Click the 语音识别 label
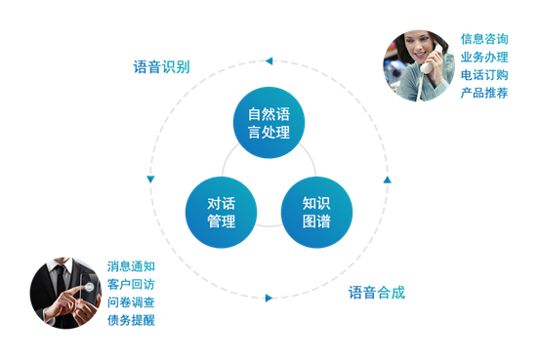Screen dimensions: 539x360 point(161,67)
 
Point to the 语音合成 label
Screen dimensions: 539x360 point(377,292)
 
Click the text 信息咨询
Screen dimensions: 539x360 point(484,40)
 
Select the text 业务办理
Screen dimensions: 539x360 point(484,58)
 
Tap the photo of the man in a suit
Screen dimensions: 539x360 point(65,293)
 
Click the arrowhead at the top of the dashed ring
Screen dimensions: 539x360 point(268,61)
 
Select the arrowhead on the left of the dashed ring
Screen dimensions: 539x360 point(150,180)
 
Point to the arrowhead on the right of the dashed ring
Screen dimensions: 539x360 point(387,180)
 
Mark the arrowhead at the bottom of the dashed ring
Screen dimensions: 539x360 point(269,298)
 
